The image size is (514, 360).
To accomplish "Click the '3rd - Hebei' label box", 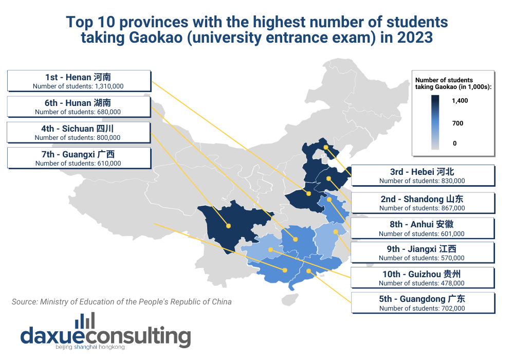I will (422, 175).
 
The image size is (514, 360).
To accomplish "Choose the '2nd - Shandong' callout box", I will (422, 203).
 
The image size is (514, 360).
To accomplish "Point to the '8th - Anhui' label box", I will (422, 228).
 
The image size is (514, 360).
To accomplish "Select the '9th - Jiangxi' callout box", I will (422, 253).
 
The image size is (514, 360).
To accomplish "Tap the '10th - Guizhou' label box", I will (422, 278).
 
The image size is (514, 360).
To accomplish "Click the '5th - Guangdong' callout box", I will (422, 303).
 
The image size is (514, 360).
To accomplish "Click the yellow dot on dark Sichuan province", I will (228, 225).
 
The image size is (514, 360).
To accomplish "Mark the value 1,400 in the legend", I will (460, 101).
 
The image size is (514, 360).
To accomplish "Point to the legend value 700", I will (457, 123).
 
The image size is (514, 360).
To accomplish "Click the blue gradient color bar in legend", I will (435, 122).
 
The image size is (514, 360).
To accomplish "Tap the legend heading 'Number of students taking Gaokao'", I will (453, 83).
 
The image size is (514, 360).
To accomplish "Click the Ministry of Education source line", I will (121, 302).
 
